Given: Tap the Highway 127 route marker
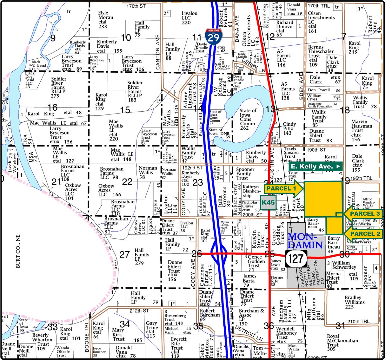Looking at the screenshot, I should click(x=296, y=259).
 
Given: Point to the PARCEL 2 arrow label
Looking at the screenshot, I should click(x=363, y=234).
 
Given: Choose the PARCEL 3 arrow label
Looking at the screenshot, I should click(x=363, y=214).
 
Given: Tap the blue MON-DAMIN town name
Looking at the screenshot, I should click(x=305, y=241).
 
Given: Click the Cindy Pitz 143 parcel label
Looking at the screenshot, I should click(x=289, y=128).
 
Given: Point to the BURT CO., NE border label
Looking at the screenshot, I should click(x=18, y=251).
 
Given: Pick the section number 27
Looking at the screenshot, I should click(x=124, y=254).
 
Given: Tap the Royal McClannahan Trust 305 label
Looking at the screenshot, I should click(x=342, y=343).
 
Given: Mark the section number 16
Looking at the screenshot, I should click(x=52, y=108).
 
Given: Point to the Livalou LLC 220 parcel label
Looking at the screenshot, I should click(x=189, y=18).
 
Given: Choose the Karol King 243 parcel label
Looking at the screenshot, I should click(x=354, y=47).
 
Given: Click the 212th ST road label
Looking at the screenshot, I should click(x=139, y=311).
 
